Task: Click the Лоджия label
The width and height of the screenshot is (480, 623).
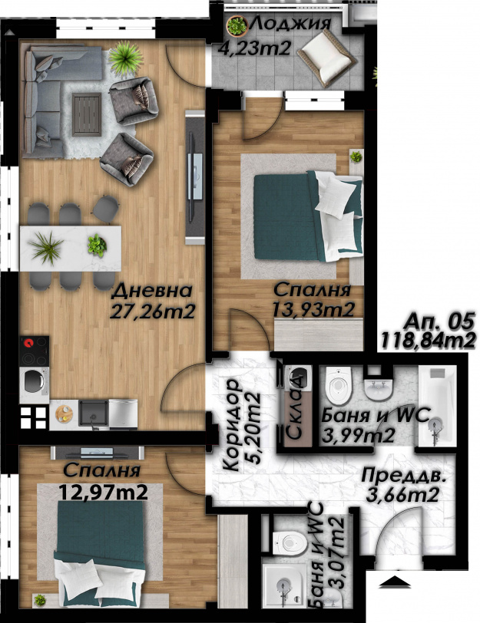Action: click(290, 24)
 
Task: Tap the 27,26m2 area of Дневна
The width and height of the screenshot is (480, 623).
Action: click(152, 312)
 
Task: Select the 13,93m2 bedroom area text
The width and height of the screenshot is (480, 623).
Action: click(313, 309)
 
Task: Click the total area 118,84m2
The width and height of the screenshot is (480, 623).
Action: click(429, 341)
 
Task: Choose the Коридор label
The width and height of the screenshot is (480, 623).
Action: click(231, 425)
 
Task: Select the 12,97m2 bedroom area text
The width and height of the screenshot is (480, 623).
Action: click(104, 493)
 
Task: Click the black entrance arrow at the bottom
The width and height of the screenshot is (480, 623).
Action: click(394, 582)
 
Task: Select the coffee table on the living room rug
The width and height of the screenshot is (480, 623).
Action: click(86, 114)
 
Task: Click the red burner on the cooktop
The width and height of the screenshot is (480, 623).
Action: click(28, 343)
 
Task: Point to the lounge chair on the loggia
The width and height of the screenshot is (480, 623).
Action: click(327, 58)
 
